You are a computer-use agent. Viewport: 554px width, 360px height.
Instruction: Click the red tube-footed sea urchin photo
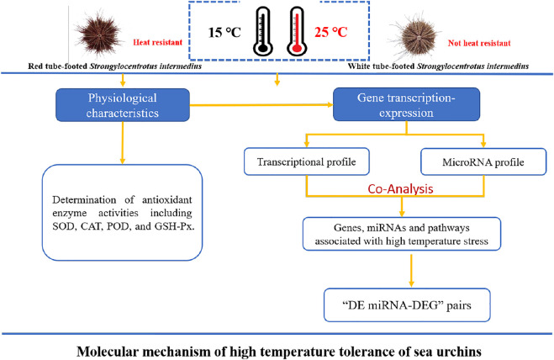[x=99, y=34]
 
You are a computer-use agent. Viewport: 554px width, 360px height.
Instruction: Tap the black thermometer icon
[x=262, y=31]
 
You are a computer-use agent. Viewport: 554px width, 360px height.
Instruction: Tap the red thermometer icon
[x=297, y=31]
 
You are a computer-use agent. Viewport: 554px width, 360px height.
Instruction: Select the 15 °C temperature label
[x=224, y=33]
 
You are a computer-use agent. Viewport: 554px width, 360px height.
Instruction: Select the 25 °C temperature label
[x=331, y=32]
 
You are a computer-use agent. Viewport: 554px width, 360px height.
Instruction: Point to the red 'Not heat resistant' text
[x=479, y=43]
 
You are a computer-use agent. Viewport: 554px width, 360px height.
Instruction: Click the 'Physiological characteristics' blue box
[x=123, y=105]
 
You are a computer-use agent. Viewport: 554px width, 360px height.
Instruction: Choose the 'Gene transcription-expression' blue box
[x=406, y=104]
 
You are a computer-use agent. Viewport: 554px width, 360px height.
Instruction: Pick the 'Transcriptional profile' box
[x=306, y=161]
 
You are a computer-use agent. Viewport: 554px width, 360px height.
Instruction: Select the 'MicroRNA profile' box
[x=483, y=162]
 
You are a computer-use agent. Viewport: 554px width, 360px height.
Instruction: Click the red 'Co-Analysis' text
[x=400, y=189]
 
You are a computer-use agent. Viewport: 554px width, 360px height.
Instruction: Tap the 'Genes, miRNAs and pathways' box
[x=402, y=234]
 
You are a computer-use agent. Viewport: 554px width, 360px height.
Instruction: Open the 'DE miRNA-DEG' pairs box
[x=407, y=305]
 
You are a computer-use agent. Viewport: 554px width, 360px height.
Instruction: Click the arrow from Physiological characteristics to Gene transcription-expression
[x=261, y=105]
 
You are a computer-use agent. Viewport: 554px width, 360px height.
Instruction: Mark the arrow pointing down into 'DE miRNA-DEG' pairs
[x=411, y=271]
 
